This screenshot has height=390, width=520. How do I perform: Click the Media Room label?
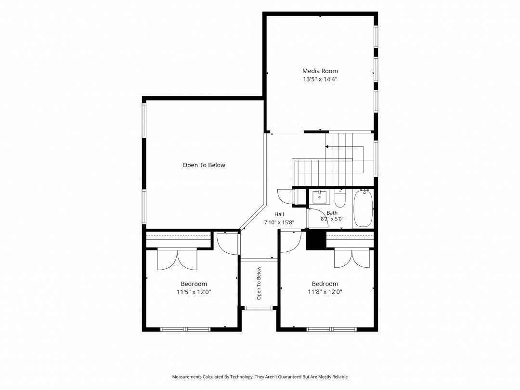point(320,71)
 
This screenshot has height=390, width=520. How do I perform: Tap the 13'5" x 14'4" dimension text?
point(320,79)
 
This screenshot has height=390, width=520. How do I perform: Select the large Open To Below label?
point(204,165)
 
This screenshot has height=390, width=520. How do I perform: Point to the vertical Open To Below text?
point(259,283)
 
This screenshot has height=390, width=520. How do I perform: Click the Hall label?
point(279,214)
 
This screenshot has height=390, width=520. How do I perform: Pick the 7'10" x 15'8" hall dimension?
point(279,223)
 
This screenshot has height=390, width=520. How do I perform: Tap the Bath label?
point(332,213)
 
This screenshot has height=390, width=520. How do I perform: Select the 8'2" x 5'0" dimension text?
point(332,219)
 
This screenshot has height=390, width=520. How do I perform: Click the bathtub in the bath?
point(363,208)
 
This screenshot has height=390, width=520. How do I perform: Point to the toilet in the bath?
point(340,198)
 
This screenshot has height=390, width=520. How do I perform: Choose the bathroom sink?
point(319,197)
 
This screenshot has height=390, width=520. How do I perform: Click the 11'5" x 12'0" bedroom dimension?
point(194,292)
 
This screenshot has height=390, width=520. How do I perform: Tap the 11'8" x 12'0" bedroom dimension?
point(325,292)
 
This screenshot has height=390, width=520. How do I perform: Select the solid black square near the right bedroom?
point(316,240)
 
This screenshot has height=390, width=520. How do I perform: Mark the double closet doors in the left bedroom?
point(177,260)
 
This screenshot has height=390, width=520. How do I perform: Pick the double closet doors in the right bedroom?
point(352,259)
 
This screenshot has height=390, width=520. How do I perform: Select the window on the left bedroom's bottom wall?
point(185,329)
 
